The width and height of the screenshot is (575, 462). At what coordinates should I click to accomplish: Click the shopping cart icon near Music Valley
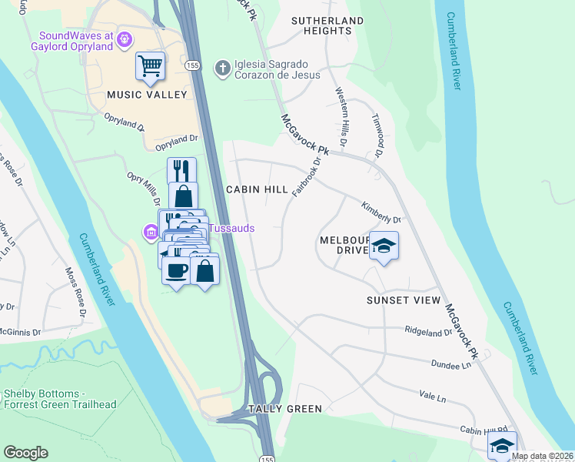click(150, 65)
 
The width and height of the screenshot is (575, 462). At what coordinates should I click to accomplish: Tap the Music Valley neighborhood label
click(147, 95)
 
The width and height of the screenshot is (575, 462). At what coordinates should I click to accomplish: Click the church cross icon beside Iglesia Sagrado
click(222, 69)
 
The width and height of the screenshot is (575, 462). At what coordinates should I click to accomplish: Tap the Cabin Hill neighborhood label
click(257, 189)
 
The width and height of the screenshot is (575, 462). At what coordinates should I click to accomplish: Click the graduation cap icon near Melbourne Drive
click(384, 246)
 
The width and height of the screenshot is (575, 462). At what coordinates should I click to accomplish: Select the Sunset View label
click(404, 300)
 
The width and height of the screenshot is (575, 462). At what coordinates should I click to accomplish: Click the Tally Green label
click(284, 409)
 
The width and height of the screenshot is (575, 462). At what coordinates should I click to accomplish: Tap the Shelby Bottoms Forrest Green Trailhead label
click(58, 399)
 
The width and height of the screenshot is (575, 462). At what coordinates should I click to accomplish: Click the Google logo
click(25, 453)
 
